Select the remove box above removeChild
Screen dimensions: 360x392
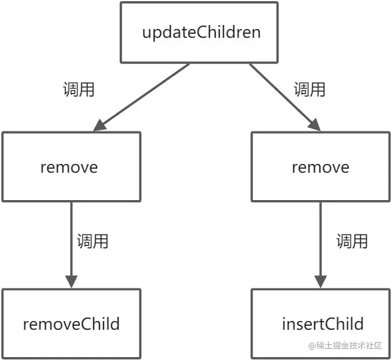(70, 167)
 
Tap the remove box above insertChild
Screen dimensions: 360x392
(320, 167)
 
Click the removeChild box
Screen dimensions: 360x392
(70, 323)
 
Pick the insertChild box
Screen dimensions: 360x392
(320, 323)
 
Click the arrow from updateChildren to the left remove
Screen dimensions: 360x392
(142, 96)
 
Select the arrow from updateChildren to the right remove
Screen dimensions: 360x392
(285, 96)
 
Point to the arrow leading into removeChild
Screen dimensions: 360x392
(71, 244)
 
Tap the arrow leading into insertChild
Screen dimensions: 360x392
(320, 244)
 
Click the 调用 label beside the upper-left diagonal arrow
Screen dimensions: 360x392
(79, 90)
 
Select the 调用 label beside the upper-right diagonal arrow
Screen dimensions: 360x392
(309, 90)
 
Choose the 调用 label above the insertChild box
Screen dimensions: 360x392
(352, 241)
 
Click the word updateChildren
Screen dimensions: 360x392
(202, 32)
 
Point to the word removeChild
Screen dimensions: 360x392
(71, 323)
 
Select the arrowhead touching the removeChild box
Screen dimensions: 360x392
(71, 280)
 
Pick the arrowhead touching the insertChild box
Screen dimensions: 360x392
(320, 280)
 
